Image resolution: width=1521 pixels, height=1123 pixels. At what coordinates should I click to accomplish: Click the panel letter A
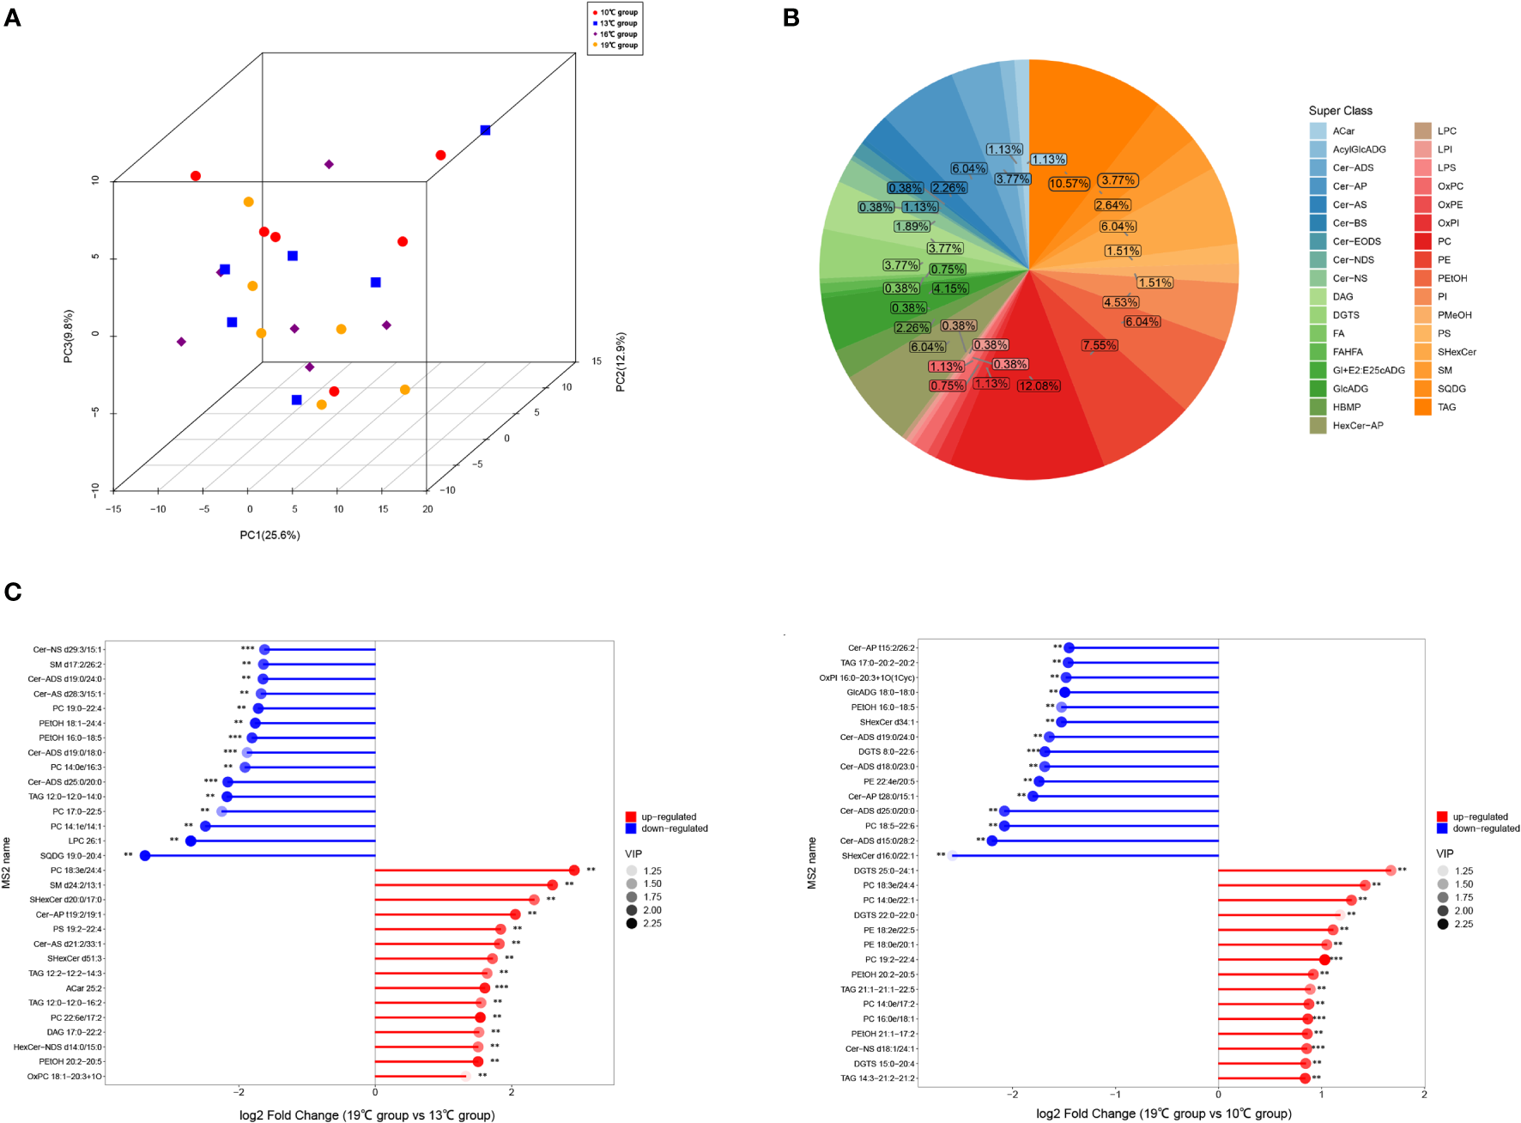(12, 17)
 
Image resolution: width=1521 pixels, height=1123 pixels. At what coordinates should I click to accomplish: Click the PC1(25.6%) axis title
(270, 535)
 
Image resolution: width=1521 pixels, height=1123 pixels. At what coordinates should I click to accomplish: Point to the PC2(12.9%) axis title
(621, 361)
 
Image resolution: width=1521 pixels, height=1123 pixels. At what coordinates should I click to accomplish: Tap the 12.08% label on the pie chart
(1039, 385)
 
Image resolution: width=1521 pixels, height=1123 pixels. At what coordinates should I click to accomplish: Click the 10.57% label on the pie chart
(1069, 184)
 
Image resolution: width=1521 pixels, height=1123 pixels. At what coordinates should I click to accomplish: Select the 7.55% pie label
(1100, 345)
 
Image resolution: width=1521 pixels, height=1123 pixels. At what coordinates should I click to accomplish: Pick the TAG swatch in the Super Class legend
(1422, 407)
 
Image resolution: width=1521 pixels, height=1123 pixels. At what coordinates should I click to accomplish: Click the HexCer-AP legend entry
(1357, 426)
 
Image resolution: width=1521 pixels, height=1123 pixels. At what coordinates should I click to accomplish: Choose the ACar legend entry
(1343, 131)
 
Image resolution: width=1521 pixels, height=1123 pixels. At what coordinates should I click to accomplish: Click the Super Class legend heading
(1340, 111)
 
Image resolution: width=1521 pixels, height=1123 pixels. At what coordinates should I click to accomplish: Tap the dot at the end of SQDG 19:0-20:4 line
(145, 855)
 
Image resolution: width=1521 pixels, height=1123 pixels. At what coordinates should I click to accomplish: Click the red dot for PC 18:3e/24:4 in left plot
(574, 871)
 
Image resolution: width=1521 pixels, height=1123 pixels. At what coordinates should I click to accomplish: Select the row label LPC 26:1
(85, 841)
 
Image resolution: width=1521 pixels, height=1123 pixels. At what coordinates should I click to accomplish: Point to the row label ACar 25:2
(83, 988)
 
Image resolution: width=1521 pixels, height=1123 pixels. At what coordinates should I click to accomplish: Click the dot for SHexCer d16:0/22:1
(953, 855)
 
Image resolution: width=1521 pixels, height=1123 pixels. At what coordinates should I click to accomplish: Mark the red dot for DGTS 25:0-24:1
(1391, 871)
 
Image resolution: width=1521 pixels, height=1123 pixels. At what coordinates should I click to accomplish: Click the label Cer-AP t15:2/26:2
(881, 648)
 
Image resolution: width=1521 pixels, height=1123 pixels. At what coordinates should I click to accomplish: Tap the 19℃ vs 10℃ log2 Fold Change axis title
(1163, 1114)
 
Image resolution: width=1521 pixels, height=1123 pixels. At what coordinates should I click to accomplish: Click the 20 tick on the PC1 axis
(427, 509)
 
